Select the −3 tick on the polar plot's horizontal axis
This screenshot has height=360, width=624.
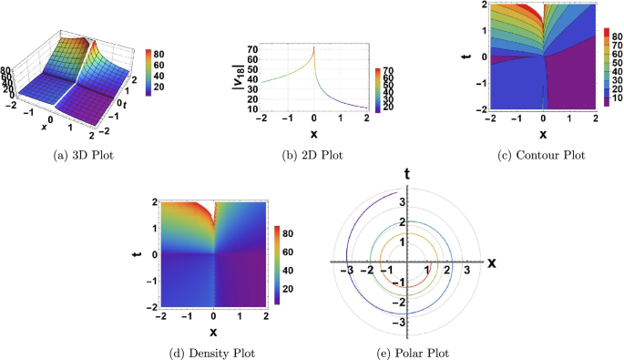point(347,272)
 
